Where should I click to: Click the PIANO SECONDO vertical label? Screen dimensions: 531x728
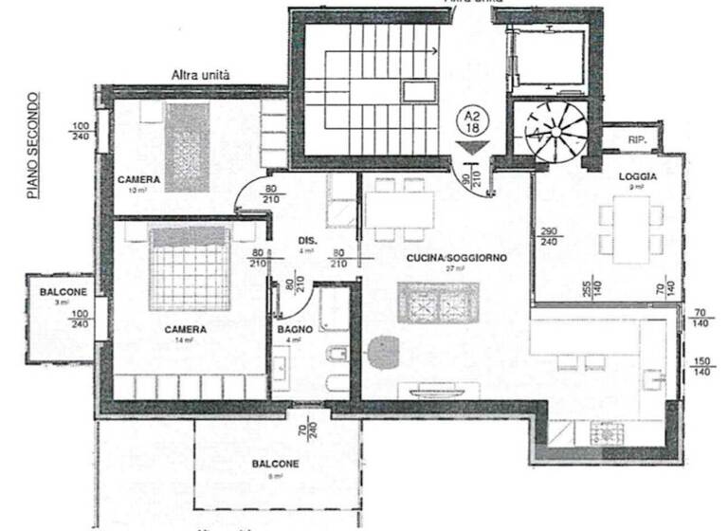(33, 145)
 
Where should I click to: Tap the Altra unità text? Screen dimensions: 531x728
(201, 73)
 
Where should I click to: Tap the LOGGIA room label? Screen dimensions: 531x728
(632, 176)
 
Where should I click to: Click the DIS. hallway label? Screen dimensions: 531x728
(306, 240)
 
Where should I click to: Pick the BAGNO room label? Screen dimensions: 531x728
(290, 329)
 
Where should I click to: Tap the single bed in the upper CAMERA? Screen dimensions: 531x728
(187, 147)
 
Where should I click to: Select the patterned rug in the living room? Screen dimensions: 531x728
(439, 303)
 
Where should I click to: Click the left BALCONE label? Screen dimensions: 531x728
(63, 292)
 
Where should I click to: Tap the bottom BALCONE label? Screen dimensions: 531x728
(275, 464)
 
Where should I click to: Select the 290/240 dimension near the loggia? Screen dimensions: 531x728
(549, 237)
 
